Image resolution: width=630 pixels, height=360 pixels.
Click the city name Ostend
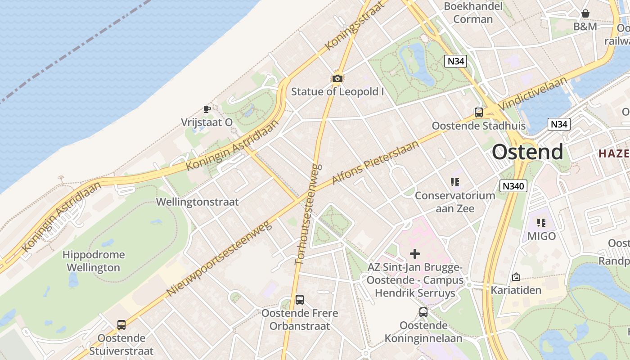(x=527, y=152)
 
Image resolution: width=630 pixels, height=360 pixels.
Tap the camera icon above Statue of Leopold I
(x=337, y=79)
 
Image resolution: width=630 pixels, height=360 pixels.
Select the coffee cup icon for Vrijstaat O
(x=207, y=109)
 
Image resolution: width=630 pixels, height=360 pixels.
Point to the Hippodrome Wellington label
(x=94, y=261)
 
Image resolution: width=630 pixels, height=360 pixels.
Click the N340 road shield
(x=513, y=185)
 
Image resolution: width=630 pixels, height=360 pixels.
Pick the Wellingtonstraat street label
(x=197, y=202)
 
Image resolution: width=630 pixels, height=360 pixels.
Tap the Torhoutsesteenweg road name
(x=307, y=214)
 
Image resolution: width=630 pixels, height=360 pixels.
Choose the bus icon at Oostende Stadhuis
(x=479, y=112)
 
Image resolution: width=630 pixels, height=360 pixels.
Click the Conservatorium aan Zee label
(x=454, y=202)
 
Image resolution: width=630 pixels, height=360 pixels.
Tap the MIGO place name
(x=541, y=236)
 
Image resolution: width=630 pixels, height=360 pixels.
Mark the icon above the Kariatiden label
(x=516, y=277)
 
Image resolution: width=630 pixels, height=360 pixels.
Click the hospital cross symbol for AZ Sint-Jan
(x=415, y=254)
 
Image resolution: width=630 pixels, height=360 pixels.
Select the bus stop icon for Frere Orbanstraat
(x=300, y=300)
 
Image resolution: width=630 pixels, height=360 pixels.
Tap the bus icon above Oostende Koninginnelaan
(x=423, y=312)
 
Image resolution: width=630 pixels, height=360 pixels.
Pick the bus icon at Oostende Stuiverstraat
(x=121, y=325)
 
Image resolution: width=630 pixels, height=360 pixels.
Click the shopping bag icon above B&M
(x=585, y=13)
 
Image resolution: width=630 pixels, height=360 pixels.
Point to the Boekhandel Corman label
(x=473, y=13)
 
